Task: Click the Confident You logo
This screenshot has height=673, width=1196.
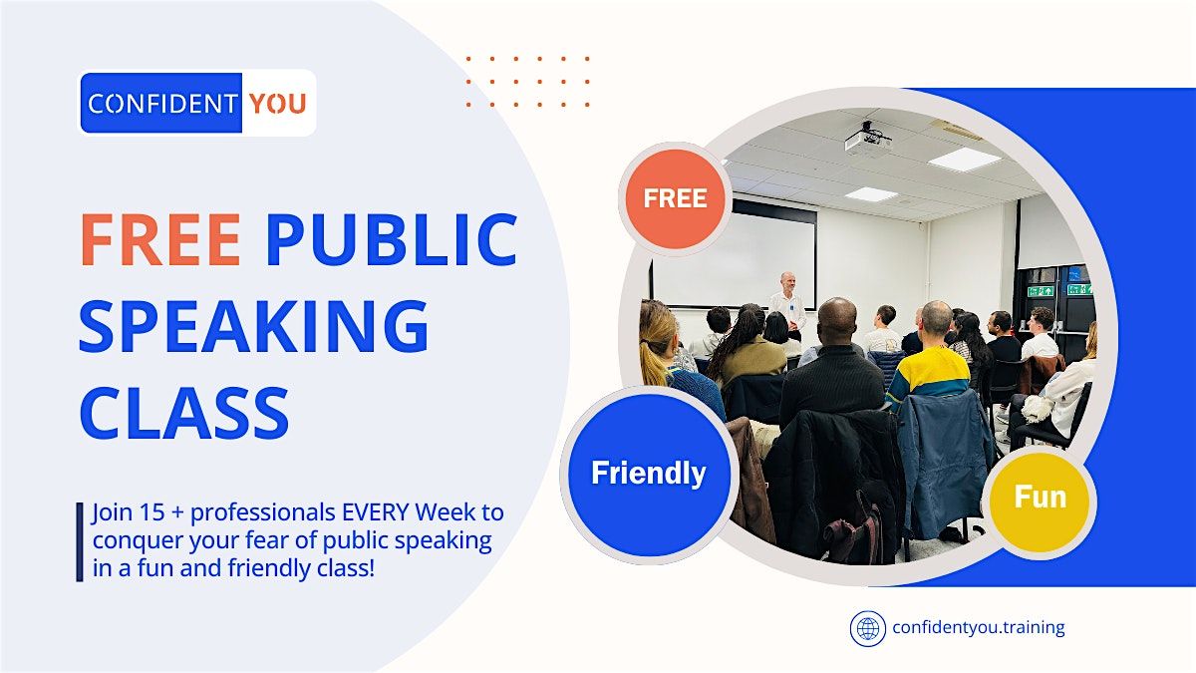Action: point(197,103)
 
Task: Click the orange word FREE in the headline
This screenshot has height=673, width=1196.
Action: point(160,240)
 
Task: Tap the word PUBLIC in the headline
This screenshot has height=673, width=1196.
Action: point(391,240)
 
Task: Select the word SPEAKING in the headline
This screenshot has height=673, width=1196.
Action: point(253,326)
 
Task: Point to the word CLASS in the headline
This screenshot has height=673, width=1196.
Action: point(183,411)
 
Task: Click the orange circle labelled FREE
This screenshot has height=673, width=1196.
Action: point(675,198)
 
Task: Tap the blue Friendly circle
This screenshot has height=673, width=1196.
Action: point(648,473)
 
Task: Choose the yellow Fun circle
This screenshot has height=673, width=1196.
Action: point(1040,497)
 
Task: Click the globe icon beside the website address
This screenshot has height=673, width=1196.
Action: point(867,628)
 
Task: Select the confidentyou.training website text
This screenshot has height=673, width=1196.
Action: point(978,628)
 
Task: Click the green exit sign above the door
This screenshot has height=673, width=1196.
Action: point(1041,290)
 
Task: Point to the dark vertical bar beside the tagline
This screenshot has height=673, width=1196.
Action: point(80,541)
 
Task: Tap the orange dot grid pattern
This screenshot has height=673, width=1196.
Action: point(527,81)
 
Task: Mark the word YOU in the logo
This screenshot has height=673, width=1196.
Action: point(277,103)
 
